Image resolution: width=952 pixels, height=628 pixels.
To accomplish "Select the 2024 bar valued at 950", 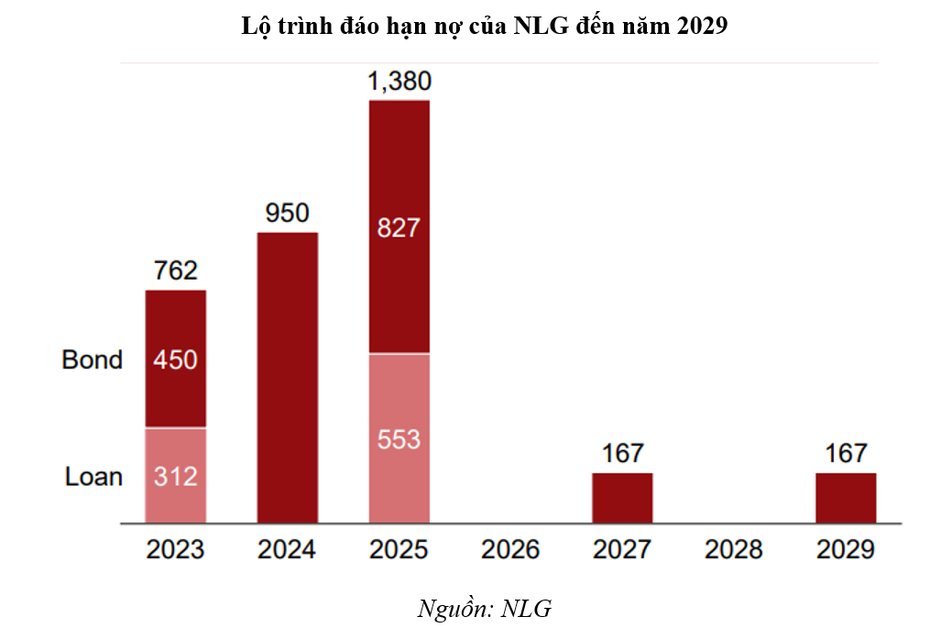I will pyautogui.click(x=287, y=378).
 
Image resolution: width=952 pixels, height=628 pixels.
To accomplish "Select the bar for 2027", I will pyautogui.click(x=622, y=498).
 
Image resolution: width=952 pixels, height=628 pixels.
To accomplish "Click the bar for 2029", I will pyautogui.click(x=846, y=498).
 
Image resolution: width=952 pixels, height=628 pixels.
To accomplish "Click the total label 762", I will pyautogui.click(x=175, y=271).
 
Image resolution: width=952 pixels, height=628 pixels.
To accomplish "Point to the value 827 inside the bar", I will pyautogui.click(x=399, y=226).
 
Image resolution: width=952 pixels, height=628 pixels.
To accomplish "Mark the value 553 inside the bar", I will pyautogui.click(x=399, y=439).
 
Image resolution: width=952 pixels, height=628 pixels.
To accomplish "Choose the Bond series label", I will pyautogui.click(x=92, y=359).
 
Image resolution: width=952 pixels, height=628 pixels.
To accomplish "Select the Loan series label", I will pyautogui.click(x=93, y=477).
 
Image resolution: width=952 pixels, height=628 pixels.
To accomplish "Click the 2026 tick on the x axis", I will pyautogui.click(x=510, y=550).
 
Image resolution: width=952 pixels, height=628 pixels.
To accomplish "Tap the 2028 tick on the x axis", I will pyautogui.click(x=734, y=550).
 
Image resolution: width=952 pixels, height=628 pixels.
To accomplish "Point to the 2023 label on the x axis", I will pyautogui.click(x=175, y=550).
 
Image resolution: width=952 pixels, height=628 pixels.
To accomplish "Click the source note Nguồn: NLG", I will pyautogui.click(x=485, y=608).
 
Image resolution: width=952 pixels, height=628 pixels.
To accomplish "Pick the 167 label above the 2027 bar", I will pyautogui.click(x=622, y=453).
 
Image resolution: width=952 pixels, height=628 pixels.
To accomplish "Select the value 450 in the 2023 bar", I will pyautogui.click(x=175, y=359).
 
